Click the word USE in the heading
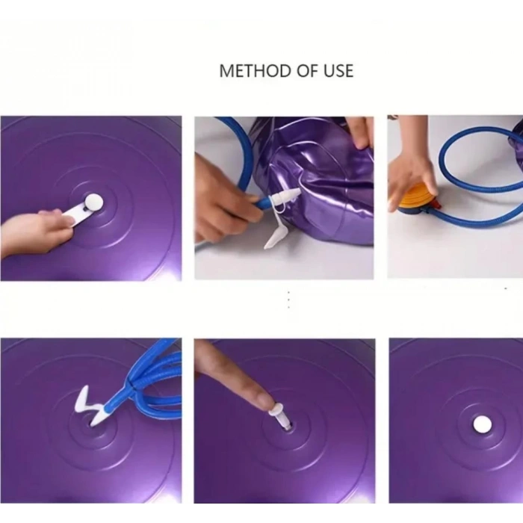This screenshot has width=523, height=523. [x=337, y=71]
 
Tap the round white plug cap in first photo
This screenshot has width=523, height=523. [x=93, y=201]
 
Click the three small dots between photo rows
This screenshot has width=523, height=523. [x=288, y=300]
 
